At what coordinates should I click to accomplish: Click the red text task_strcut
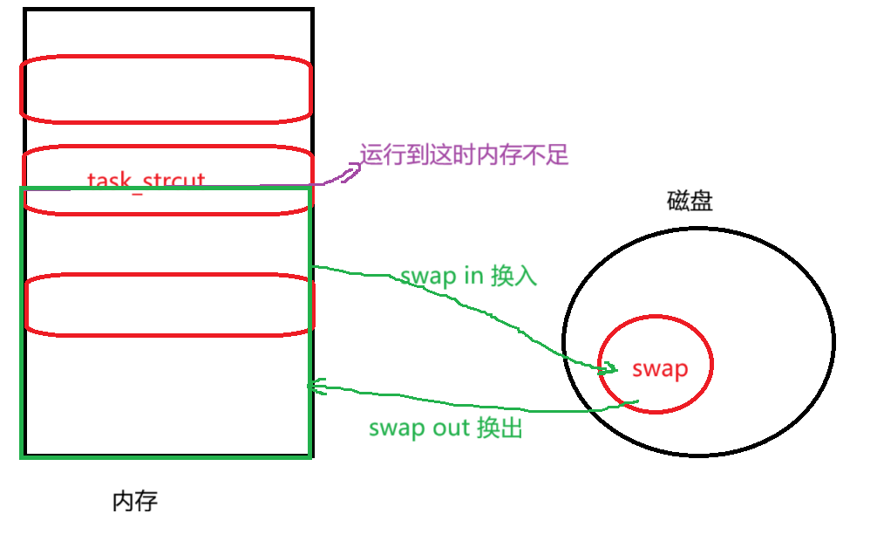pyautogui.click(x=146, y=182)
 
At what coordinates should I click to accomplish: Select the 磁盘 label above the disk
pyautogui.click(x=690, y=202)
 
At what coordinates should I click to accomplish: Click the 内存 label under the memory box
pyautogui.click(x=136, y=501)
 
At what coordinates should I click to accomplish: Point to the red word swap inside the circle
pyautogui.click(x=660, y=368)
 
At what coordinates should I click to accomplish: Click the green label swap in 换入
pyautogui.click(x=469, y=276)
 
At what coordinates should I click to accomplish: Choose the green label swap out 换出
pyautogui.click(x=445, y=428)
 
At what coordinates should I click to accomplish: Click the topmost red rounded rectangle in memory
pyautogui.click(x=166, y=89)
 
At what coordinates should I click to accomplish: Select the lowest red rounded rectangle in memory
pyautogui.click(x=167, y=305)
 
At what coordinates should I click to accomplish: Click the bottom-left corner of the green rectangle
pyautogui.click(x=22, y=456)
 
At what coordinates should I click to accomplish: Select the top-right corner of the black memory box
pyautogui.click(x=311, y=10)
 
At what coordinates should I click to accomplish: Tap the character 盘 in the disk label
pyautogui.click(x=702, y=202)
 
